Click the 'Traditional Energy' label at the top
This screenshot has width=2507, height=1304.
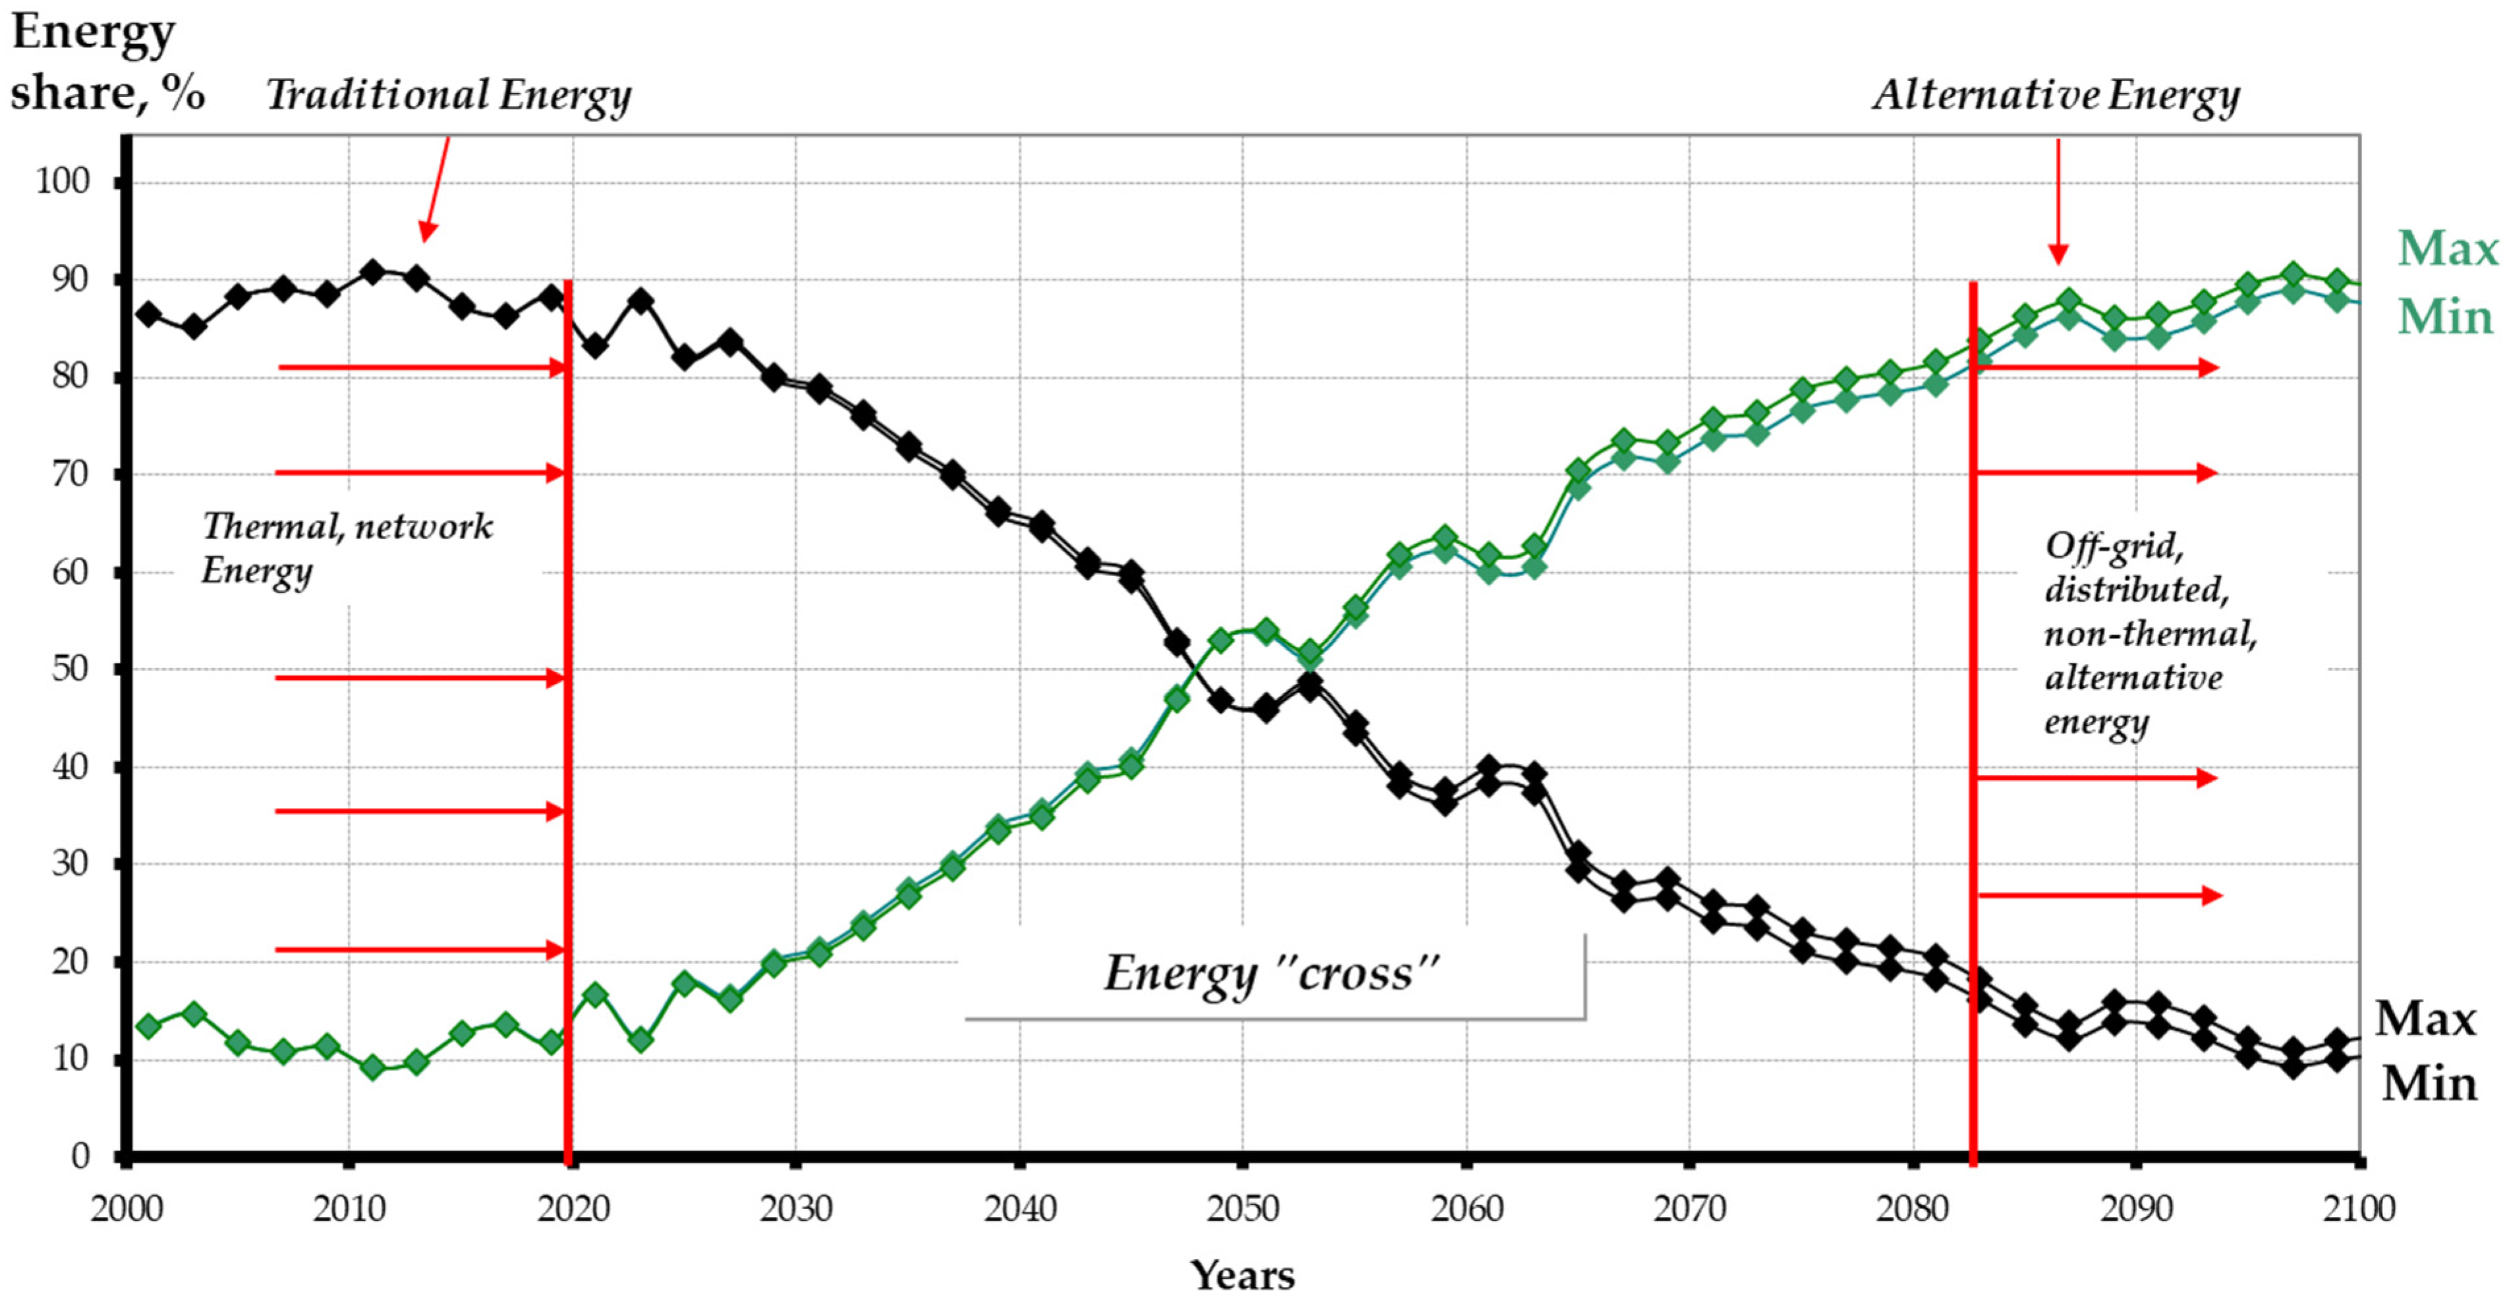[449, 96]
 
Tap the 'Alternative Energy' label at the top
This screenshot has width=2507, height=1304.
[2056, 96]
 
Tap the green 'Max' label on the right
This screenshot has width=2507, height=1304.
[2446, 249]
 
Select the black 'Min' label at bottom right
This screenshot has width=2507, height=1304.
[2428, 1084]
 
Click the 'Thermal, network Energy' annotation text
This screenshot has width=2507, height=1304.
[345, 548]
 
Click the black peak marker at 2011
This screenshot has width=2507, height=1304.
[372, 271]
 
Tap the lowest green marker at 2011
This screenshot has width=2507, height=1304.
[372, 1067]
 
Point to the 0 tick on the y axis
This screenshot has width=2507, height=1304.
[80, 1156]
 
